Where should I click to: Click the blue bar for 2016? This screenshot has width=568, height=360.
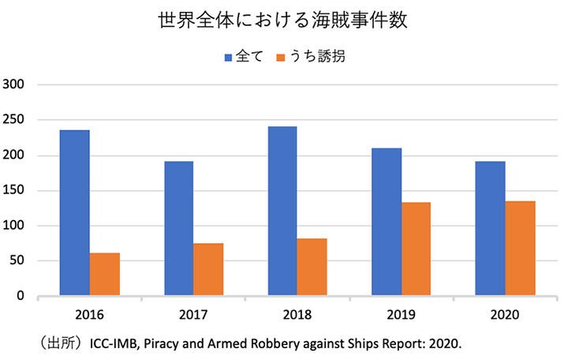point(74,213)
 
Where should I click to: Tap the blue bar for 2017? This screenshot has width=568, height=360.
point(178,229)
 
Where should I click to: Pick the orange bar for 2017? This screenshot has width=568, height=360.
point(208,269)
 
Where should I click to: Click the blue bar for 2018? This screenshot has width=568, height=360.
point(282,211)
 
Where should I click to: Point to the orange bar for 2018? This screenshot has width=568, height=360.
point(312,267)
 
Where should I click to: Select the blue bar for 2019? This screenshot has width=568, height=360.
point(387,222)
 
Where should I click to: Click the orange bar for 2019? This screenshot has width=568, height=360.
point(416,249)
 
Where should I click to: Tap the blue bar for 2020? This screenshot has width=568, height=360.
point(490,229)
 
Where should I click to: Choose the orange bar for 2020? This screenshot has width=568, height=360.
point(520,248)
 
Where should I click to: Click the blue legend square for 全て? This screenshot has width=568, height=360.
point(229,58)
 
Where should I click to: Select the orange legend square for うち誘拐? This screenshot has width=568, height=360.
point(282,58)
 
